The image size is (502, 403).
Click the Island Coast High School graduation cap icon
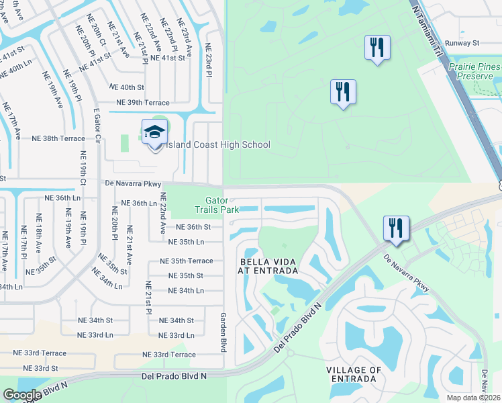click(x=155, y=133)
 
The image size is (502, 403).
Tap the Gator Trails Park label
click(x=222, y=205)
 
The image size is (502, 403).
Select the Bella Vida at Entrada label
click(x=268, y=265)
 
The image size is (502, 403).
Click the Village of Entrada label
click(x=354, y=374)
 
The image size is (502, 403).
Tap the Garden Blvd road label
click(x=222, y=332)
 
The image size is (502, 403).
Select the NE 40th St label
click(x=127, y=87)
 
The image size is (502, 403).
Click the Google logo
click(x=22, y=395)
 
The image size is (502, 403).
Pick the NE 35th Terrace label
click(x=186, y=261)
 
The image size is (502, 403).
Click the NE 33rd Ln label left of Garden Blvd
click(x=177, y=335)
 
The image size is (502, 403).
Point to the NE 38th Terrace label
click(x=58, y=138)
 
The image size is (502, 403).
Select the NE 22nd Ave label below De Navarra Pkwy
click(x=161, y=214)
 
